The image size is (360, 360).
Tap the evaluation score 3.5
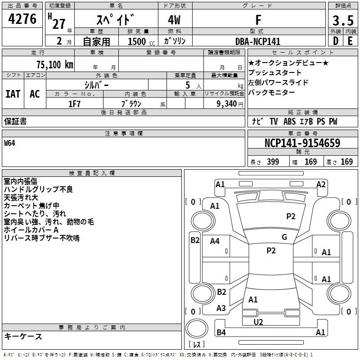[342, 21]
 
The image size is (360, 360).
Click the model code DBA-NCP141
[258, 41]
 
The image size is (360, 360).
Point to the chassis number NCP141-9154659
[302, 143]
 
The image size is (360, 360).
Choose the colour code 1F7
[74, 103]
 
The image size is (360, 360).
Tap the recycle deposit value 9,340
[220, 103]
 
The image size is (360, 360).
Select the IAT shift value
[13, 94]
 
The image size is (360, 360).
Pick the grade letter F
[258, 20]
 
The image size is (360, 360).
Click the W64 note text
[10, 144]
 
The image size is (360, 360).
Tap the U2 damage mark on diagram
[258, 322]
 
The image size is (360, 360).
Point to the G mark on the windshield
[284, 237]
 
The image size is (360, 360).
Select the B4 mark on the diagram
[221, 333]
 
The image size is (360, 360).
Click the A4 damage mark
[215, 241]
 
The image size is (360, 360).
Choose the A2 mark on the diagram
[321, 184]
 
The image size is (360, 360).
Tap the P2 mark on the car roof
[271, 251]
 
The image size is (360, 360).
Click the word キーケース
[23, 336]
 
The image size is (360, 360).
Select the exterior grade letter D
[335, 41]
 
